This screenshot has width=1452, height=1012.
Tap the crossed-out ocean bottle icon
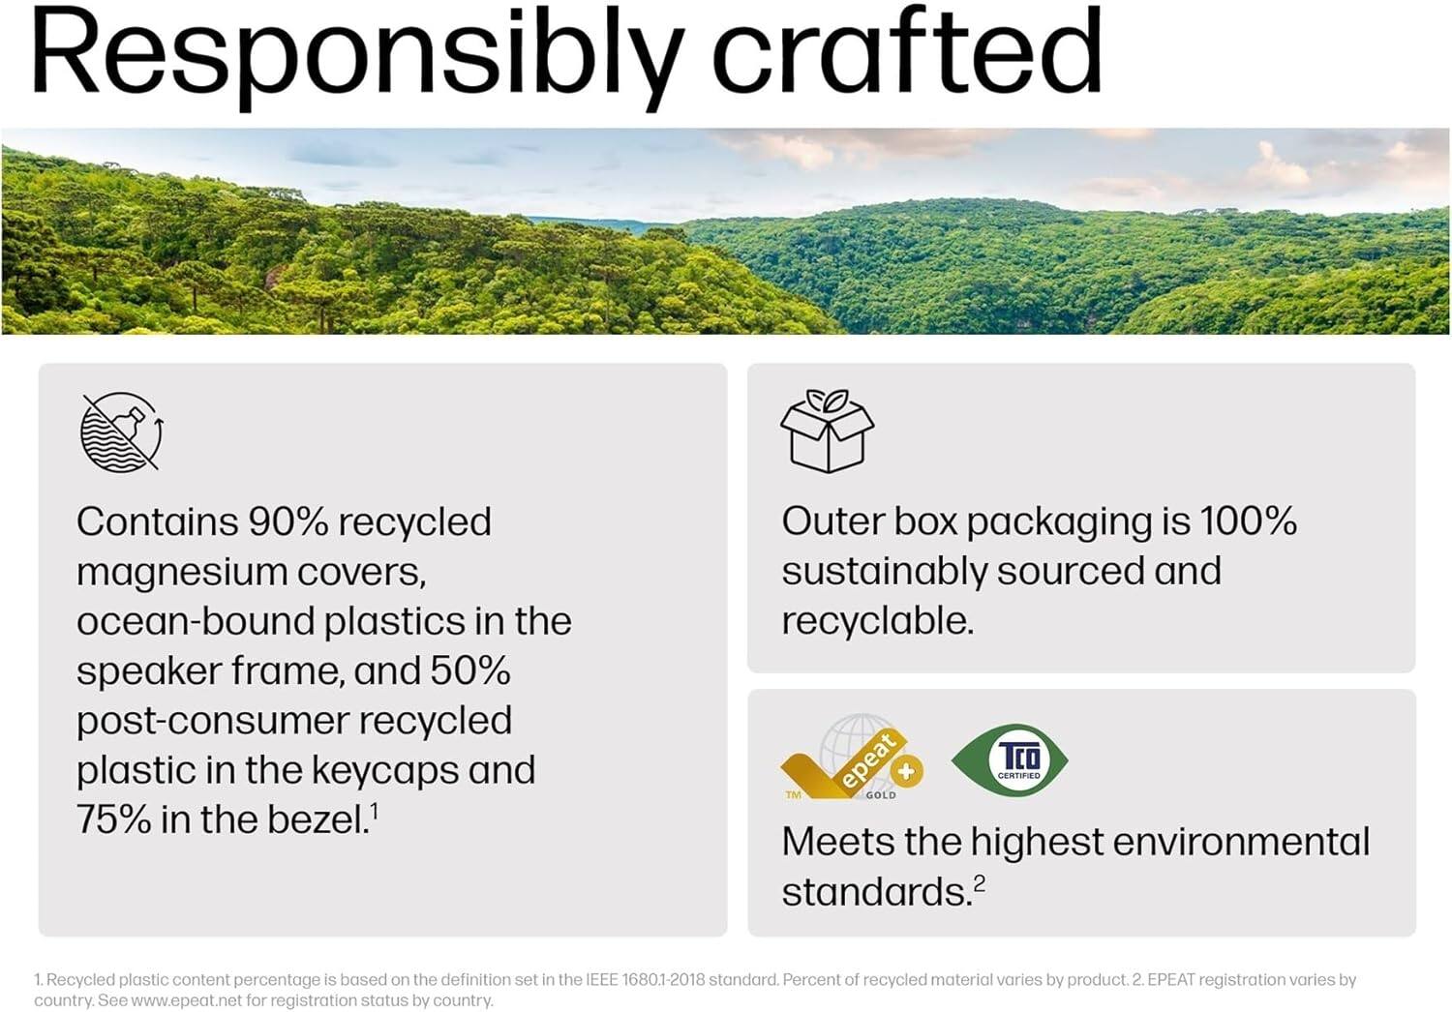[x=121, y=432]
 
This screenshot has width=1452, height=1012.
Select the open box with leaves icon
[x=827, y=431]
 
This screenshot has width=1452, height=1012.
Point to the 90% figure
[x=288, y=522]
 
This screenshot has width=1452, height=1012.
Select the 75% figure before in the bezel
[x=113, y=820]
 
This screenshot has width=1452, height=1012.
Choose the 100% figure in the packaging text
[x=1248, y=521]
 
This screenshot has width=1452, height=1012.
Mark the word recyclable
[x=877, y=621]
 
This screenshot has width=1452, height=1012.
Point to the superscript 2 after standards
[x=980, y=882]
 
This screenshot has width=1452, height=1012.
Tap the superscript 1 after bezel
[x=374, y=811]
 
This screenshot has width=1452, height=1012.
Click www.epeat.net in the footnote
[x=186, y=1000]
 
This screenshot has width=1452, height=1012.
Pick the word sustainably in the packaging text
[x=884, y=572]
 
